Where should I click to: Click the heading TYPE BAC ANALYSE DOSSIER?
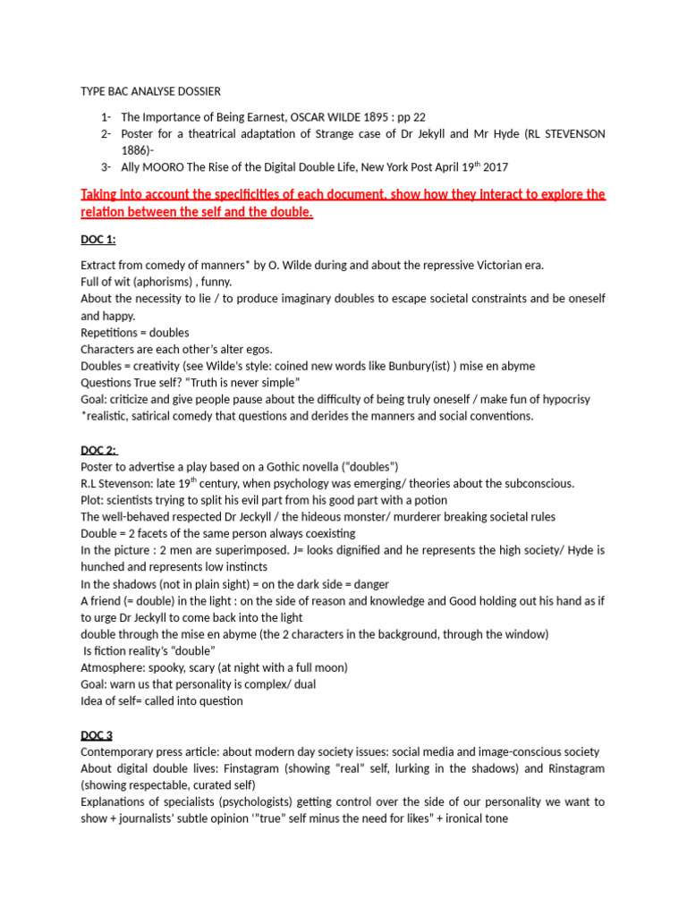point(150,91)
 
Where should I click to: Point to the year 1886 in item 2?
point(135,150)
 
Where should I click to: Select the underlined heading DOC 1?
point(98,240)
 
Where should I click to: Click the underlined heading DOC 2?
point(99,450)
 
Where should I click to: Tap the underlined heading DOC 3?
point(97,735)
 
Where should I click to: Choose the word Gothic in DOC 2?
point(293,467)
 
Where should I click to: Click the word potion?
point(429,500)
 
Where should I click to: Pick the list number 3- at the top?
point(106,167)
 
